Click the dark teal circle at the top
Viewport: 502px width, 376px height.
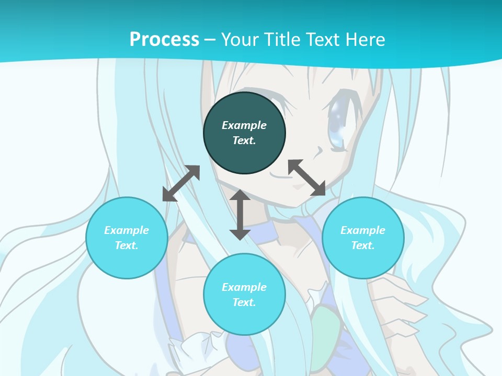pos(244,133)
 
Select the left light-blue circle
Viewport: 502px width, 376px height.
pos(127,238)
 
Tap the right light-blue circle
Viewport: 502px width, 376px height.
pos(363,238)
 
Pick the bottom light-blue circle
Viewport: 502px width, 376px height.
pos(244,294)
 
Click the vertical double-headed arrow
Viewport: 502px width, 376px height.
pos(240,215)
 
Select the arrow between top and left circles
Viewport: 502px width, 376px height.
pos(181,183)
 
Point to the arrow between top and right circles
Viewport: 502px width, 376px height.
pos(306,178)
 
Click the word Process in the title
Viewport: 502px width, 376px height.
pos(164,39)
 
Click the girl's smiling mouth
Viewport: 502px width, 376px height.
pos(282,174)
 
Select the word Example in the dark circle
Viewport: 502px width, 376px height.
pos(244,125)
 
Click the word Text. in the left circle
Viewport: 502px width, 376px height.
pos(127,245)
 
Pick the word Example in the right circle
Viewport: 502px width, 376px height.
pos(363,230)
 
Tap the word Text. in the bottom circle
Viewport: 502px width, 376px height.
pos(244,302)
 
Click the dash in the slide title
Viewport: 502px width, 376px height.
pos(210,39)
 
